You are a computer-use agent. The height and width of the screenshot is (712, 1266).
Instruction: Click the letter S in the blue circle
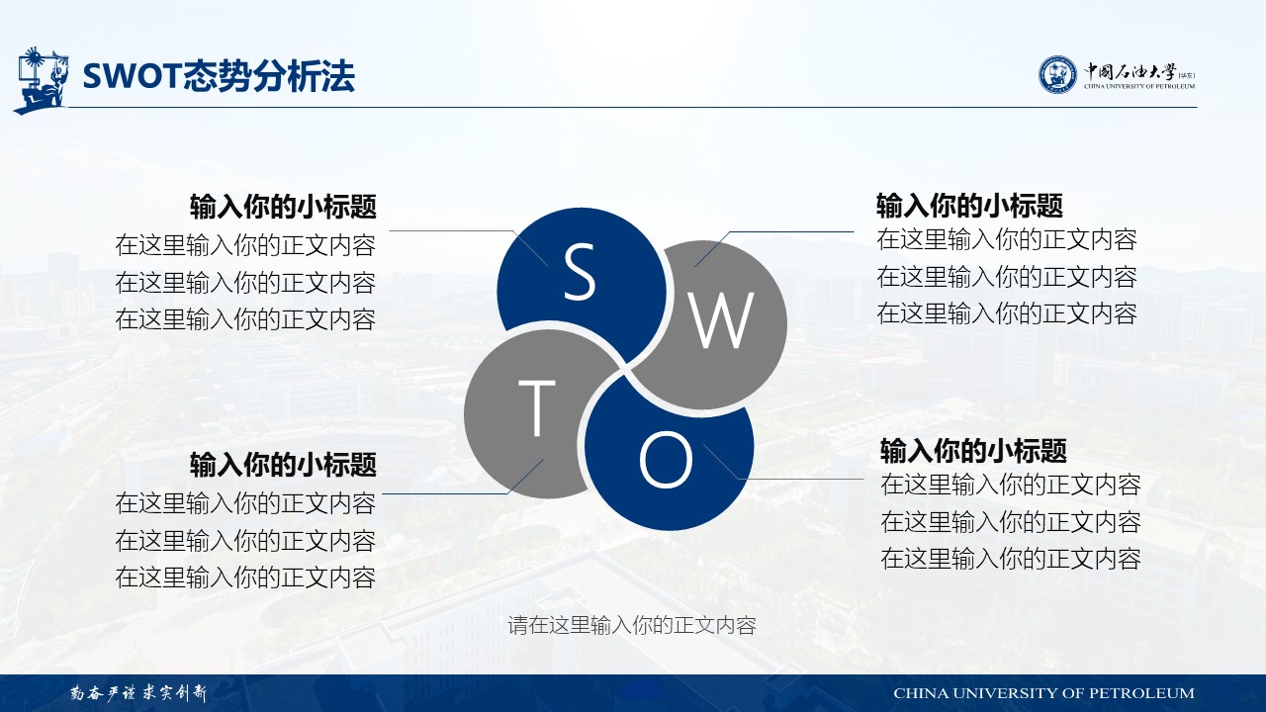coord(580,271)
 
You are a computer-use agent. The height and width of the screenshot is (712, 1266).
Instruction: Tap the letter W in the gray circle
coord(721,321)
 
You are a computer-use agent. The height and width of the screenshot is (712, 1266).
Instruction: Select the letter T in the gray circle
coord(537,408)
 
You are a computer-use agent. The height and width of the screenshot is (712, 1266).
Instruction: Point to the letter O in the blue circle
coord(667,460)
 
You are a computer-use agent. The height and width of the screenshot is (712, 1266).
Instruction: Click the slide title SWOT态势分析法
coord(219,76)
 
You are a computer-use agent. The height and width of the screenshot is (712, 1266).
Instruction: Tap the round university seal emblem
coord(1057,74)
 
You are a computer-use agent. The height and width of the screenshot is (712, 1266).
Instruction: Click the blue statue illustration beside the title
coord(41,80)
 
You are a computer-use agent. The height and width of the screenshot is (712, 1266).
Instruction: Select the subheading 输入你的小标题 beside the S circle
coord(283,207)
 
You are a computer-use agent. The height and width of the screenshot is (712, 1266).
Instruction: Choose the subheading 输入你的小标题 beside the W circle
coord(969,206)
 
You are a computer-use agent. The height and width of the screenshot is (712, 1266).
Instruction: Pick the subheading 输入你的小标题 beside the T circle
coord(283,465)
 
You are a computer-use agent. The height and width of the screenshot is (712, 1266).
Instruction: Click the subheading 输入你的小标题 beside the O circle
coord(973,451)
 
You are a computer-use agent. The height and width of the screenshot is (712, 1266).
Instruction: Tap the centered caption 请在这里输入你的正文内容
coord(632,626)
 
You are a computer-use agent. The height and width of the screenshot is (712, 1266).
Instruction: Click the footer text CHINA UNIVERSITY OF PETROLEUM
coord(1043,693)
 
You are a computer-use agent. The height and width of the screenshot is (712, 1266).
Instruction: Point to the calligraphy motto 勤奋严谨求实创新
coord(138,693)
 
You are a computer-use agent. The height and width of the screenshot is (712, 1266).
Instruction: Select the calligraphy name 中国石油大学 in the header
coord(1130,72)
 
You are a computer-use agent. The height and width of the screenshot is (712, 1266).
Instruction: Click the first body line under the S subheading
coord(245,245)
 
